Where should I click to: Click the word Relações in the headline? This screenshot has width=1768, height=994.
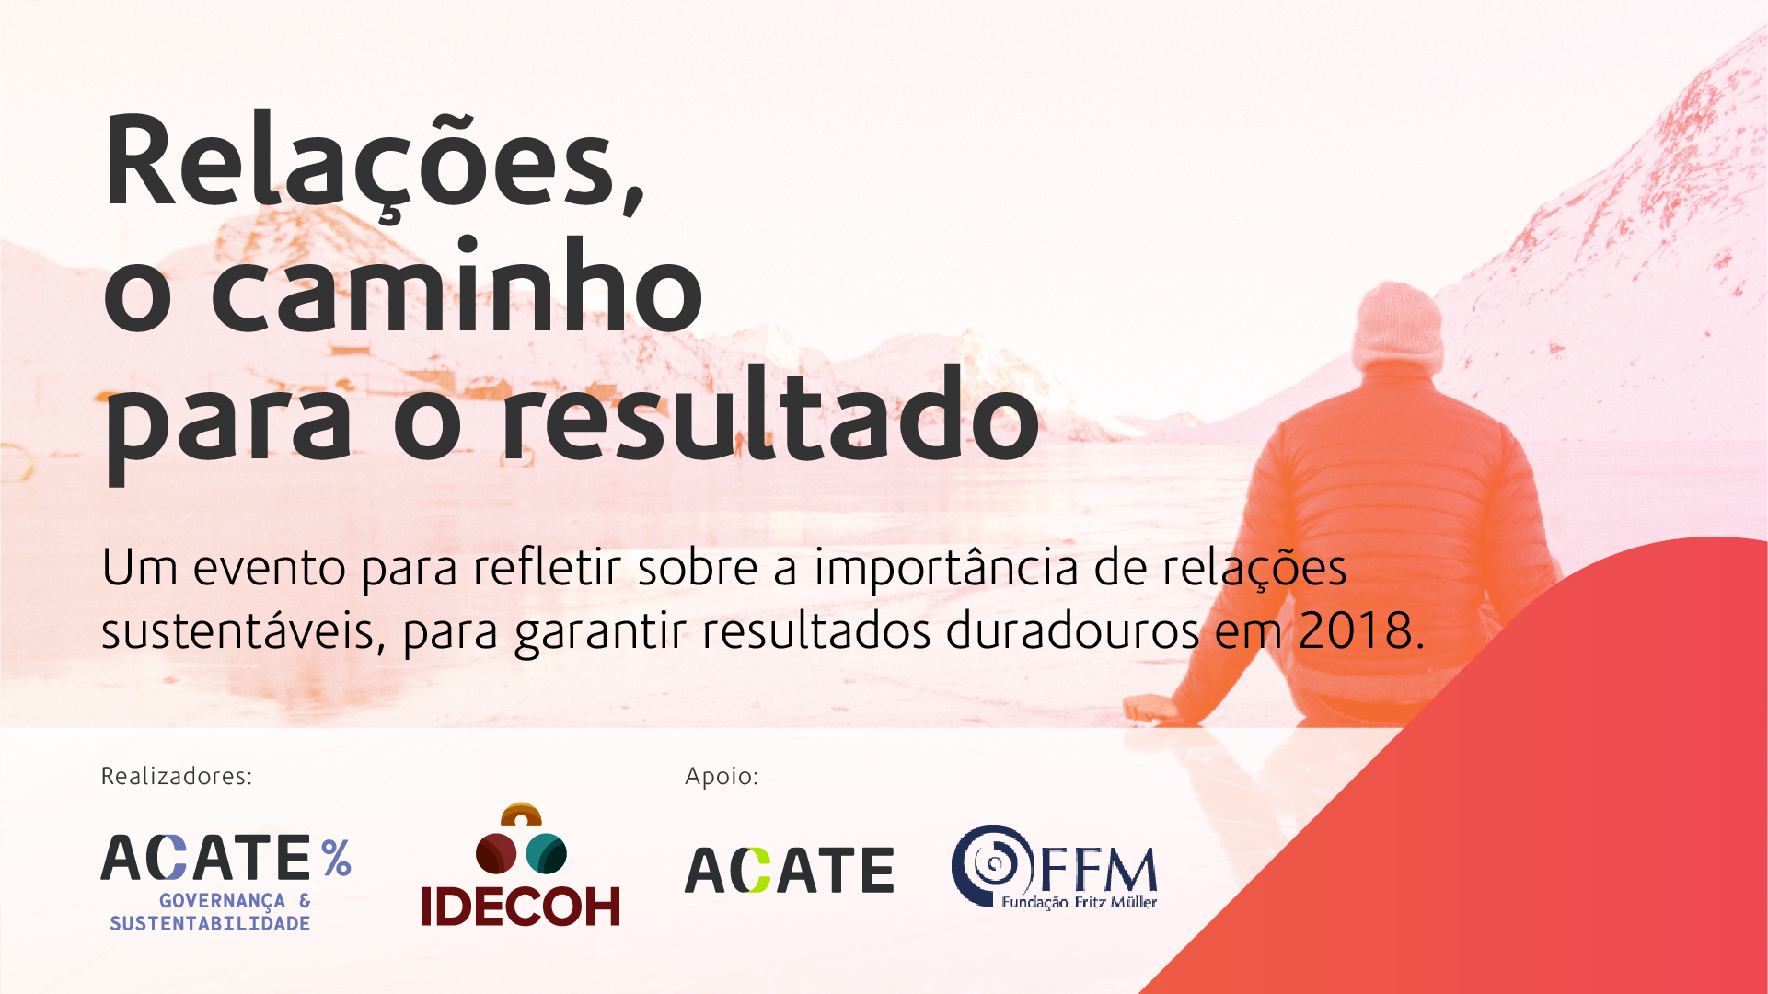pos(374,166)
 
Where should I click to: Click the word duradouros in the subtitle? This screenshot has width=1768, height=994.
pos(1072,631)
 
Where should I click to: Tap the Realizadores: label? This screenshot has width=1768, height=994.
pos(176,776)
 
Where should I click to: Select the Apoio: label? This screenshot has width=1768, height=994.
pos(722,777)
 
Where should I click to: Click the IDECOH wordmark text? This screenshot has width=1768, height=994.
pos(521,907)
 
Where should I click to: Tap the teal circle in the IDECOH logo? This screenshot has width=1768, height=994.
pos(547,853)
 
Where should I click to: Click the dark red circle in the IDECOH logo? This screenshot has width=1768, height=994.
pos(497,853)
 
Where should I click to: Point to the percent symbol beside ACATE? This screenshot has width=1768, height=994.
pos(336,858)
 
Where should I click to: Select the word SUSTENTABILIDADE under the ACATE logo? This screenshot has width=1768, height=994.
pos(210,924)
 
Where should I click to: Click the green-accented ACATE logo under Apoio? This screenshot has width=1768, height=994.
pos(790,871)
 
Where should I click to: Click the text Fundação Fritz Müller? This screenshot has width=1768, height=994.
pos(1079,902)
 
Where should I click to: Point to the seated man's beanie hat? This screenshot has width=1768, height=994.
pos(1397,327)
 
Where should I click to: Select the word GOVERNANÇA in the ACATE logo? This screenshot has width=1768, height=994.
pos(223,901)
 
